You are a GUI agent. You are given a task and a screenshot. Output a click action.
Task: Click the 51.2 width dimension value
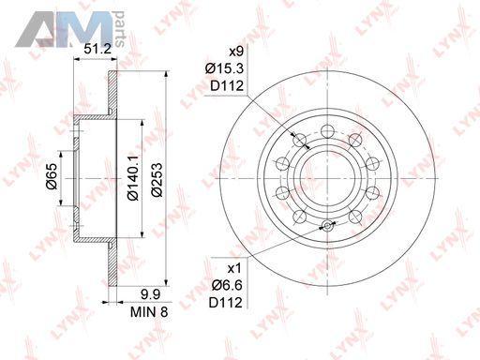click(97, 49)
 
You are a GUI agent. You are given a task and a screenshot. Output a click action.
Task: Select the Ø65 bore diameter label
click(52, 176)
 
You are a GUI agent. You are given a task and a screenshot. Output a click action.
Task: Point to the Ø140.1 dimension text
click(132, 178)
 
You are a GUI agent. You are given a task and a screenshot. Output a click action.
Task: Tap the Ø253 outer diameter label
click(157, 180)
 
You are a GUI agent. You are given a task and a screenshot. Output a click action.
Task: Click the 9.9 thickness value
click(150, 294)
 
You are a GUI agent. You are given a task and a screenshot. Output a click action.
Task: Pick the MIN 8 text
click(149, 312)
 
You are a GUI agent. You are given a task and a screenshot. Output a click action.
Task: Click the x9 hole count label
click(236, 52)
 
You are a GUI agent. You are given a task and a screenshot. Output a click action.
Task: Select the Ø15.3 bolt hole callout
click(224, 68)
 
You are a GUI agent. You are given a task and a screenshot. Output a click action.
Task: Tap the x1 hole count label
click(234, 268)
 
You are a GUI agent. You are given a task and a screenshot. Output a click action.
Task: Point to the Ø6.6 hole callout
click(227, 285)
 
